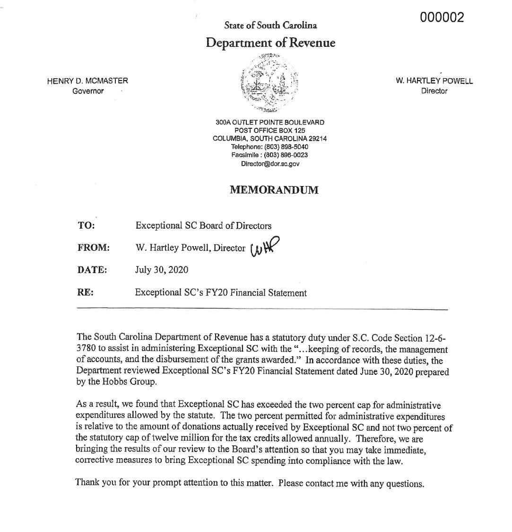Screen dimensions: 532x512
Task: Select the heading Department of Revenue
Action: tap(270, 43)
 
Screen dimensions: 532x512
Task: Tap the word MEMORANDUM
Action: tap(274, 190)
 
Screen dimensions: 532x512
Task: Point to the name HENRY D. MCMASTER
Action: tap(87, 81)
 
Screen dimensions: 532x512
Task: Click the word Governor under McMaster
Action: tap(88, 91)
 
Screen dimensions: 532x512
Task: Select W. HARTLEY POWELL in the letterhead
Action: tap(434, 81)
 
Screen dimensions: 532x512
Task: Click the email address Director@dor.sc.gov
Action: tap(270, 164)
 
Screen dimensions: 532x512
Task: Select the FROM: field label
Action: tap(93, 248)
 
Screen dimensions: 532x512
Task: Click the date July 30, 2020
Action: tap(162, 270)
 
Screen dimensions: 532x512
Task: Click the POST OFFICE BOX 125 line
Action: tap(270, 130)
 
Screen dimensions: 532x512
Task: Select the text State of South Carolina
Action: tap(270, 25)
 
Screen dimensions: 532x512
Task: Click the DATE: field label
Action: tap(92, 270)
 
